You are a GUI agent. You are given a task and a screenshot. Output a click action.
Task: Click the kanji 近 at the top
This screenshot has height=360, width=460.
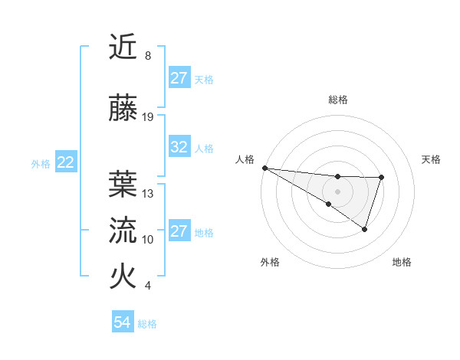(x=123, y=48)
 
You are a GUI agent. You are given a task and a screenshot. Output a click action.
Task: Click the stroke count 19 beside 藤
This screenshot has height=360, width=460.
(x=148, y=117)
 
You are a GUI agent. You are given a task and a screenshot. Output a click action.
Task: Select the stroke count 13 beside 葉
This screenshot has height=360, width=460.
(x=148, y=194)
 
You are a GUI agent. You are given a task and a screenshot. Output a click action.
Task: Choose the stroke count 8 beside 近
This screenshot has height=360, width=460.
(x=148, y=57)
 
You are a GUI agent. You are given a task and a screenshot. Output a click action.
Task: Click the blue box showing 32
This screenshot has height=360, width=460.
(x=179, y=147)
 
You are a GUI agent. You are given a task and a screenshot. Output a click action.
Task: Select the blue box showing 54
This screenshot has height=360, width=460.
(x=123, y=323)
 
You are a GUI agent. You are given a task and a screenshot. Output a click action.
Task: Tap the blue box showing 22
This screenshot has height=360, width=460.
(x=66, y=162)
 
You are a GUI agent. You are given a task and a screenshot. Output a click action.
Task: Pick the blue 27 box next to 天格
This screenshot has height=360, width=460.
(x=179, y=78)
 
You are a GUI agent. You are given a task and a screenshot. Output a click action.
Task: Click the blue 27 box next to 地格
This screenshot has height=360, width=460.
(x=179, y=231)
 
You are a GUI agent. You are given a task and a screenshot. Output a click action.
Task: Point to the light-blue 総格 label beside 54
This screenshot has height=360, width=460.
(x=147, y=324)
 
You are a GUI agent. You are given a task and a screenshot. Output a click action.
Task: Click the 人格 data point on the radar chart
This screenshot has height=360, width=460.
(x=264, y=167)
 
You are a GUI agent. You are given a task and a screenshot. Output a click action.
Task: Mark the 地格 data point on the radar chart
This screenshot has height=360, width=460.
(x=365, y=229)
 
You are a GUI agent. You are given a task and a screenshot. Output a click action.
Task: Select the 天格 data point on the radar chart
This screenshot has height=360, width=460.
(x=381, y=178)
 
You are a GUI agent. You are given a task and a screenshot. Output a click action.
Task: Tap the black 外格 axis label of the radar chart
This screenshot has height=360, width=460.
(x=270, y=262)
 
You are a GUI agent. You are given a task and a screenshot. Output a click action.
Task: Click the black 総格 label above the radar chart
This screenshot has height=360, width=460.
(x=337, y=100)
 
